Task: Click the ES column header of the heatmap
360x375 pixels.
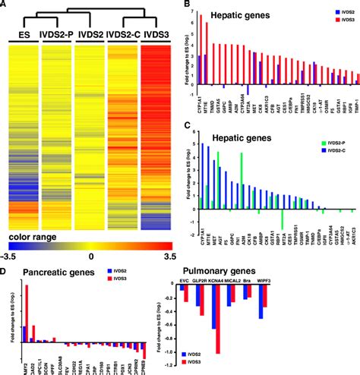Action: coord(23,35)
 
